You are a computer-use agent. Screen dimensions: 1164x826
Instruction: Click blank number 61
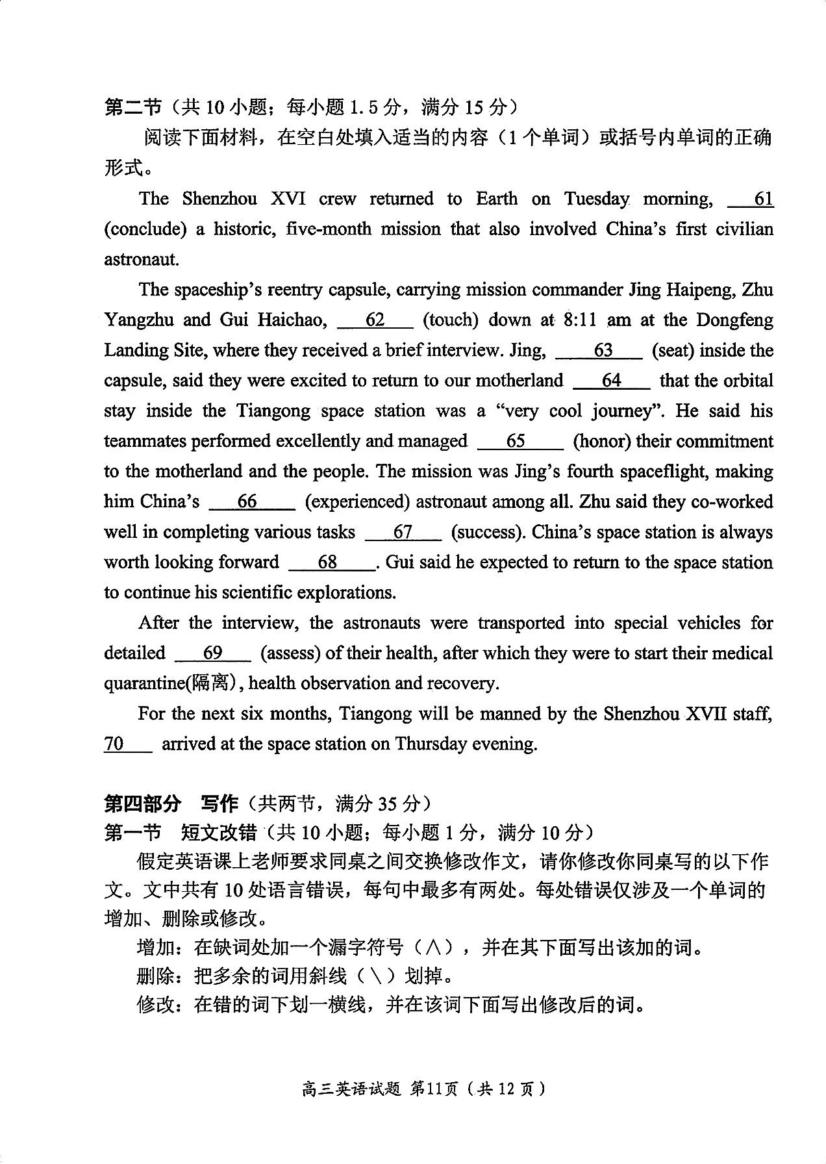(x=751, y=199)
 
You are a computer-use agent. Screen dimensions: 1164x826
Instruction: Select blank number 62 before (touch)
(x=375, y=320)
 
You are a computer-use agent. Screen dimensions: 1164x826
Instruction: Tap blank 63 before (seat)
(x=599, y=351)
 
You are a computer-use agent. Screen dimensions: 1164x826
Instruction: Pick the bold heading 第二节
(x=132, y=107)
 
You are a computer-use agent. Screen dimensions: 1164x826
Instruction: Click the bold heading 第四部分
(x=142, y=803)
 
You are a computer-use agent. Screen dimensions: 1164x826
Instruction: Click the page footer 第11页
(x=434, y=1089)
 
